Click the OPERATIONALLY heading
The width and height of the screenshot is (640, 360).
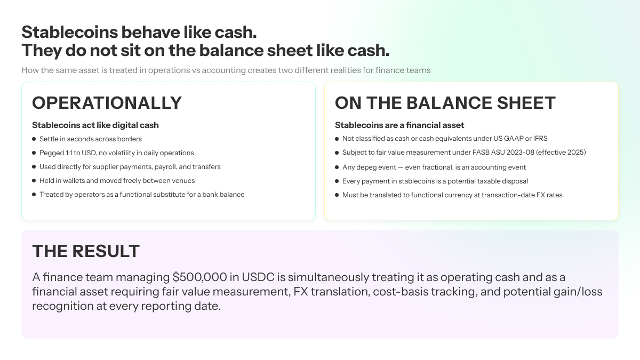point(107,103)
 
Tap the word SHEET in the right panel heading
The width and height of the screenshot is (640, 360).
point(526,103)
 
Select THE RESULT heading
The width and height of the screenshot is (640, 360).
point(86,251)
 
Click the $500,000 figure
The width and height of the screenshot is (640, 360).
point(199,277)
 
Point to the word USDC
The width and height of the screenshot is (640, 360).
point(258,277)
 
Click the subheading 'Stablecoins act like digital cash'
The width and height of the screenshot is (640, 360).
point(95,125)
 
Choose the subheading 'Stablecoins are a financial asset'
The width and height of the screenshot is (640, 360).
point(399,125)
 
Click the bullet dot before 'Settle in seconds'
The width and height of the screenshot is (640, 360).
point(34,139)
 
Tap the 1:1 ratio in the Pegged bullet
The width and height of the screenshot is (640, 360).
point(69,153)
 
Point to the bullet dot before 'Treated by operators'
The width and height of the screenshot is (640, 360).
point(34,195)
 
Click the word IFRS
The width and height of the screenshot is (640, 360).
point(540,139)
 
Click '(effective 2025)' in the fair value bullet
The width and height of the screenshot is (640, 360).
point(561,153)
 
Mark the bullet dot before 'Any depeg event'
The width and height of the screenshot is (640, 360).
point(337,167)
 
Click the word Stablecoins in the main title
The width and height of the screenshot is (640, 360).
point(70,32)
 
